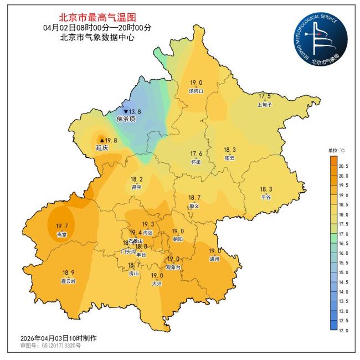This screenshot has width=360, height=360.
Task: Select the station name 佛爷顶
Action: [x=126, y=119]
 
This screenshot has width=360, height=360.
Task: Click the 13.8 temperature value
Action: [x=134, y=111]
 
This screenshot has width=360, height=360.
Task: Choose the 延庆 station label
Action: [x=102, y=148]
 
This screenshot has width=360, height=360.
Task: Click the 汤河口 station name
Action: [x=196, y=91]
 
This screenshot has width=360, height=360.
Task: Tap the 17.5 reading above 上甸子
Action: [x=265, y=96]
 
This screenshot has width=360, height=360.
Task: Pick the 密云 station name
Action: [x=229, y=158]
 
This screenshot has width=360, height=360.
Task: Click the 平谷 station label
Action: [x=266, y=197]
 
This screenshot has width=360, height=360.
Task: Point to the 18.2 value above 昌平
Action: [x=137, y=179]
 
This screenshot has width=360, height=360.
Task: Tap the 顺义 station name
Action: [x=194, y=205]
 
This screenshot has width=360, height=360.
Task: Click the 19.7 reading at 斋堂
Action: [x=62, y=226]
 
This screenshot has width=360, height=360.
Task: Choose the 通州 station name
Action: [x=214, y=259]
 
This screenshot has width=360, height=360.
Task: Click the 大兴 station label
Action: [x=157, y=284]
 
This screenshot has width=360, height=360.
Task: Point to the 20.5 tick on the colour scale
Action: [x=343, y=166]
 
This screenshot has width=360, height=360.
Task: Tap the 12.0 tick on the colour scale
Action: [x=343, y=330]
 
